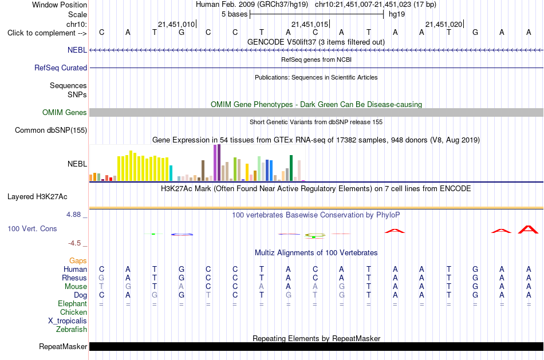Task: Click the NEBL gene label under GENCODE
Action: (x=77, y=50)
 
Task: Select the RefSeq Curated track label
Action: (x=60, y=68)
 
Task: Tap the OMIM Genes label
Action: (x=64, y=112)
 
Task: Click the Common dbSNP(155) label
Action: (x=50, y=130)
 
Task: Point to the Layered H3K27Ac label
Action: (x=37, y=197)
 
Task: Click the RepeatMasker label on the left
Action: (x=63, y=346)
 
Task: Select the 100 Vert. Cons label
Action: (x=32, y=228)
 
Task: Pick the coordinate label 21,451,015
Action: (x=309, y=24)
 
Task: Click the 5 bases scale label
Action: (x=235, y=14)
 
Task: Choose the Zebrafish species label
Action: (x=72, y=329)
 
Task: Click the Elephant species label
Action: (x=72, y=303)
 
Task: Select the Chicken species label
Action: (x=73, y=312)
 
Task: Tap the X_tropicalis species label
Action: (x=68, y=321)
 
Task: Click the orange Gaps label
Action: (x=78, y=260)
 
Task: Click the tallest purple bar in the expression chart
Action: (x=219, y=163)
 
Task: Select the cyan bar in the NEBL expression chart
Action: (x=171, y=173)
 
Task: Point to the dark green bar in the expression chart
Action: (x=291, y=168)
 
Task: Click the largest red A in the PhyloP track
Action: (x=528, y=230)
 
